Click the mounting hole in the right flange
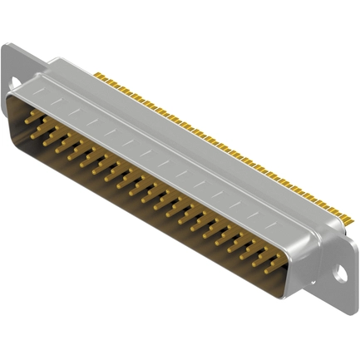click(340, 271)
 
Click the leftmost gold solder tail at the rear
click(97, 76)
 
